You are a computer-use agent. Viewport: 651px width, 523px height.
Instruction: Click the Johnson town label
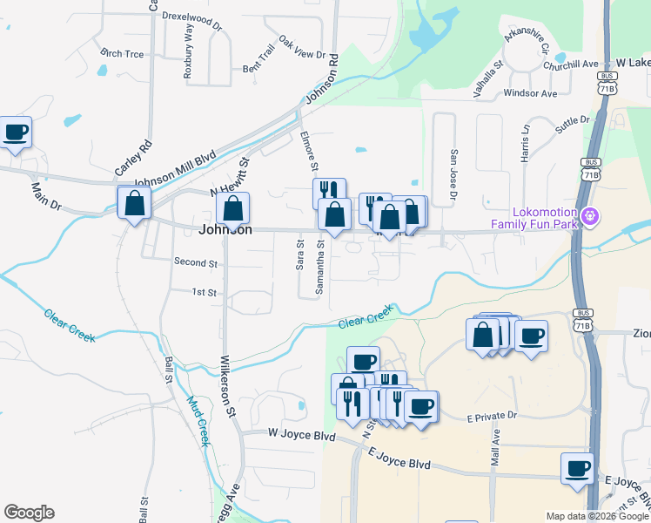(225, 230)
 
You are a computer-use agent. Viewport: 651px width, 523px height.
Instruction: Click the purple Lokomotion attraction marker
(590, 214)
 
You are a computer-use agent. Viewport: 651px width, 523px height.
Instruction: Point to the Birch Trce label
(122, 53)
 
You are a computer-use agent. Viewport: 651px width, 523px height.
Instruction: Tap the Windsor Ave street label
(529, 92)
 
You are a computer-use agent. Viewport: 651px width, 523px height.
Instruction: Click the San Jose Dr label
(453, 175)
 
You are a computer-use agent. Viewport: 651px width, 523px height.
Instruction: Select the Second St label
(195, 261)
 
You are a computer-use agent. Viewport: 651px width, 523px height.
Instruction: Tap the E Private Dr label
(491, 417)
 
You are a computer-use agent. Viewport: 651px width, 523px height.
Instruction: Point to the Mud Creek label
(198, 422)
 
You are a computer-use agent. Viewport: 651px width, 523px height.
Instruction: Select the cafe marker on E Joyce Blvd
(577, 469)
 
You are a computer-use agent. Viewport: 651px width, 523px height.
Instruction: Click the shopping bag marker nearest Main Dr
(134, 203)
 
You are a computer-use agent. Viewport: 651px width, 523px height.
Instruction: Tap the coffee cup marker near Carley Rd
(16, 133)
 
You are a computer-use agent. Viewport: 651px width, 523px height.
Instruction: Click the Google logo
(29, 513)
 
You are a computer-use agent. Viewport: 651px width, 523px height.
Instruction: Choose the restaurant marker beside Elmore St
(329, 192)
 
